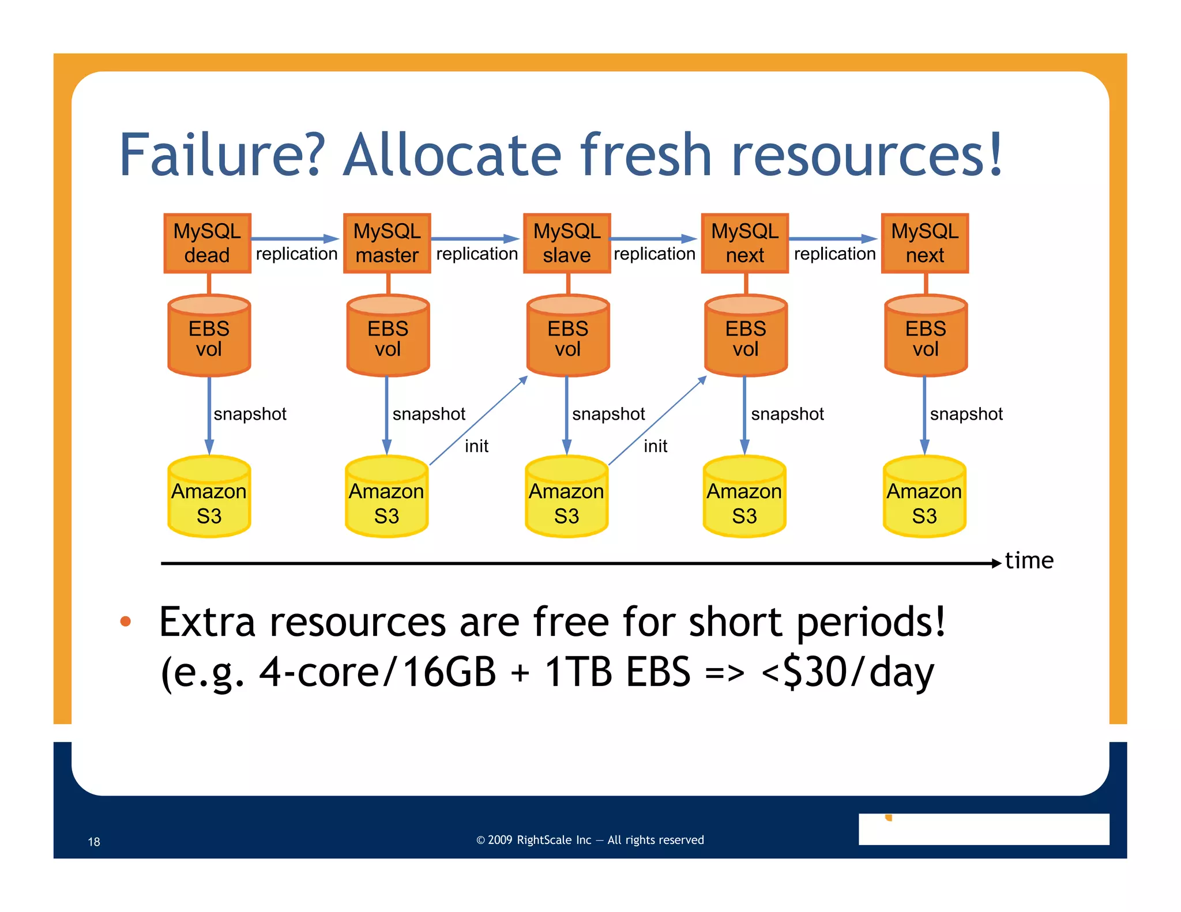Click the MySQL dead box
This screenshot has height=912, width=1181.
208,243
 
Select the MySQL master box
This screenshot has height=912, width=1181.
387,243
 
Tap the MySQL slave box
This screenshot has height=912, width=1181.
567,243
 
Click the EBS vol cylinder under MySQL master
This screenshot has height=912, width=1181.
388,337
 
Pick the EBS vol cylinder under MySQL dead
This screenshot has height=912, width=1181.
209,337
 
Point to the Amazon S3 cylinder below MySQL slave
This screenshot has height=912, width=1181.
566,499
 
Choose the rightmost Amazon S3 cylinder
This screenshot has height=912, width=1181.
924,499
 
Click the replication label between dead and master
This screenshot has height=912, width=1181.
296,254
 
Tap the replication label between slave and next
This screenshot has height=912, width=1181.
655,254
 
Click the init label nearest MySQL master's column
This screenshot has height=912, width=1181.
476,446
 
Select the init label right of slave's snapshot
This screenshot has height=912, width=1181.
655,446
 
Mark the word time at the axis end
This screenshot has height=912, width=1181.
1029,561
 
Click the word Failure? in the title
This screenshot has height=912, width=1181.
222,156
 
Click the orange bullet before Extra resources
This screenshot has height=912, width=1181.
126,621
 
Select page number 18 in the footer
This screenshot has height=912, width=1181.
94,842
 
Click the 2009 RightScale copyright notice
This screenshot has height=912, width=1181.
590,840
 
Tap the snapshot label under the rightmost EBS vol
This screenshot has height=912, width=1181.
966,414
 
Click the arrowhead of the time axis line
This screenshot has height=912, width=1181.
996,563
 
